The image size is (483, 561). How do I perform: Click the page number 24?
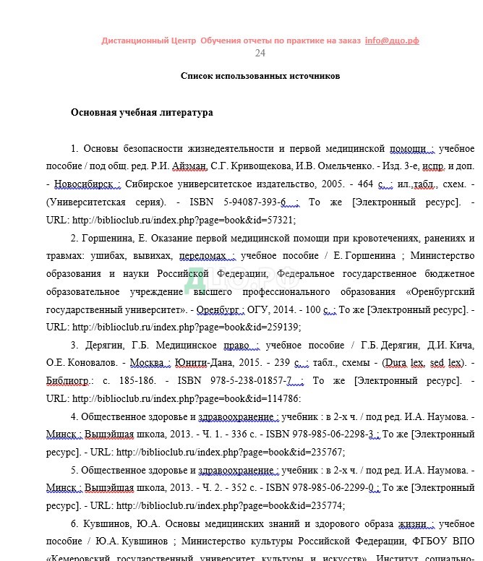260,53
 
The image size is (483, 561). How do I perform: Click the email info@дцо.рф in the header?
392,40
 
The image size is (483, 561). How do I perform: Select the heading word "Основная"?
95,113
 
